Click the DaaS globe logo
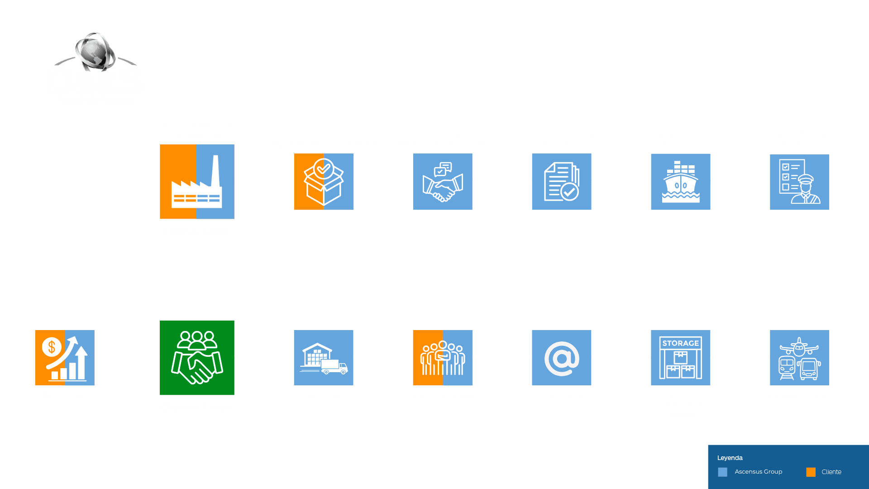pyautogui.click(x=95, y=68)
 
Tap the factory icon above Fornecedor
pyautogui.click(x=197, y=182)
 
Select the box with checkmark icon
pyautogui.click(x=324, y=182)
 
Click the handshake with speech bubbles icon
pyautogui.click(x=442, y=182)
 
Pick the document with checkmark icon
pyautogui.click(x=561, y=182)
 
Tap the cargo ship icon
pyautogui.click(x=680, y=182)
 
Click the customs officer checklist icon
pyautogui.click(x=799, y=182)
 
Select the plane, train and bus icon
pyautogui.click(x=799, y=358)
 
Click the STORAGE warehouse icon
pyautogui.click(x=680, y=358)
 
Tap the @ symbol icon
pyautogui.click(x=561, y=358)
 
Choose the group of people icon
pyautogui.click(x=442, y=358)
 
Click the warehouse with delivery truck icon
pyautogui.click(x=324, y=358)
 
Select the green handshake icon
pyautogui.click(x=197, y=358)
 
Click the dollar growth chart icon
pyautogui.click(x=65, y=358)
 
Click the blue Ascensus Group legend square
pyautogui.click(x=722, y=472)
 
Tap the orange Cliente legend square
pyautogui.click(x=811, y=472)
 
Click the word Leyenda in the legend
pyautogui.click(x=730, y=458)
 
